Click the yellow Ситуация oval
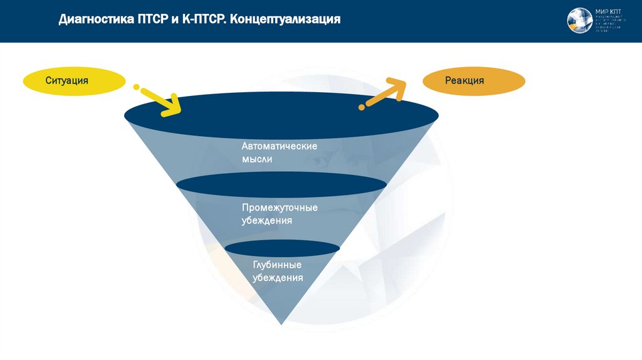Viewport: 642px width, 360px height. tap(74, 82)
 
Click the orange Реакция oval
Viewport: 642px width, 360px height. tap(474, 82)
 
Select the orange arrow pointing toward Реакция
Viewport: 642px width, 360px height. tap(383, 93)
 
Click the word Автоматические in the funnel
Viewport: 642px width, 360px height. tap(279, 146)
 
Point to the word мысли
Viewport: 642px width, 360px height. tap(257, 159)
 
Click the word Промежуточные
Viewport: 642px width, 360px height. tap(280, 208)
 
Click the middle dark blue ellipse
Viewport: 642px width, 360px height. tap(281, 183)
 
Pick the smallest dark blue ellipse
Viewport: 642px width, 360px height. tap(282, 248)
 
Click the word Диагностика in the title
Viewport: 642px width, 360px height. tap(93, 19)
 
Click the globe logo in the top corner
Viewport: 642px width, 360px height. tap(579, 20)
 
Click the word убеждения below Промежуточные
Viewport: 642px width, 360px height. tap(267, 221)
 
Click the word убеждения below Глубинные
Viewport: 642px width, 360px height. tap(278, 278)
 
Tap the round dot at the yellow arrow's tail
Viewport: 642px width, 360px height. tap(136, 87)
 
